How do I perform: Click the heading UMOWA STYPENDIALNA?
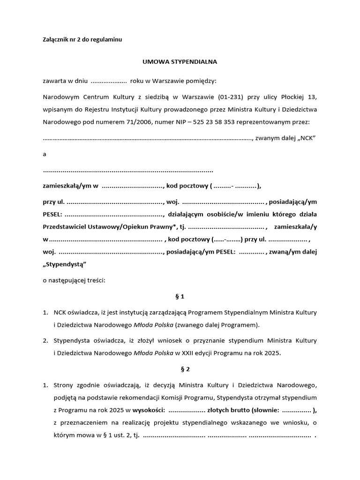pyautogui.click(x=180, y=61)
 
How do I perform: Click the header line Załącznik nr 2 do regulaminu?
pyautogui.click(x=82, y=40)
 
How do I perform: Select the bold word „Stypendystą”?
pyautogui.click(x=65, y=264)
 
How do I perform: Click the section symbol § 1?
pyautogui.click(x=180, y=296)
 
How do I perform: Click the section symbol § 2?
pyautogui.click(x=180, y=369)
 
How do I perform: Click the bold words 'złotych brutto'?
pyautogui.click(x=229, y=410)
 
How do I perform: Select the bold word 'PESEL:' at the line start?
pyautogui.click(x=52, y=214)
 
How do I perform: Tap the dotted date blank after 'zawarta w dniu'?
pyautogui.click(x=108, y=81)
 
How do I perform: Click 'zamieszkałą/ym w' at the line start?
pyautogui.click(x=70, y=186)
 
